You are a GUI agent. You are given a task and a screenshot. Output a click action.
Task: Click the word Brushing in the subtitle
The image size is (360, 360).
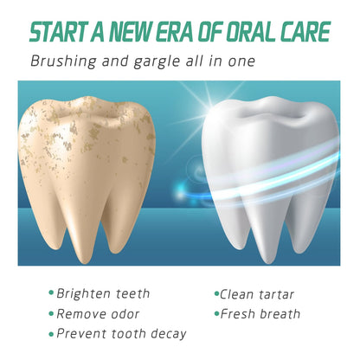click(63, 61)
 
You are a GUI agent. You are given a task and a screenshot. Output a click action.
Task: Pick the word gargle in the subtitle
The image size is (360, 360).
click(157, 62)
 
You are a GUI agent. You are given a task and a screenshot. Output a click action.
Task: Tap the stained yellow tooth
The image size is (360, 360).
click(87, 176)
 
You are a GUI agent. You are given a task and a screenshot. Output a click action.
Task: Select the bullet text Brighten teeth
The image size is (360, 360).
click(103, 293)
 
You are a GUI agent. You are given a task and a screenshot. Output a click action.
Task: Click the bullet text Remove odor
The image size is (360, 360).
click(98, 314)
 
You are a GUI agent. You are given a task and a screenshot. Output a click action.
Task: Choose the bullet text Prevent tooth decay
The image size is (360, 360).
click(121, 334)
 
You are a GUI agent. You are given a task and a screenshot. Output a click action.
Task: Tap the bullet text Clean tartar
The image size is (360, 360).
click(257, 294)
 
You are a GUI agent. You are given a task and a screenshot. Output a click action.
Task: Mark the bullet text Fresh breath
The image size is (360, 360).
click(260, 314)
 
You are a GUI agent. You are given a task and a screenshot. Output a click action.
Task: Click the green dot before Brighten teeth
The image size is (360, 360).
click(51, 293)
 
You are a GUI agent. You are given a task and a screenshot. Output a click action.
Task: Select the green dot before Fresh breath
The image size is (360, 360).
click(217, 313)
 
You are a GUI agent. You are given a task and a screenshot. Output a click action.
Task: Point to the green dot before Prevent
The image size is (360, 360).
click(51, 335)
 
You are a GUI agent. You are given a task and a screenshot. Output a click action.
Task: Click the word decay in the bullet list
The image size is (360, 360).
click(169, 334)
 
